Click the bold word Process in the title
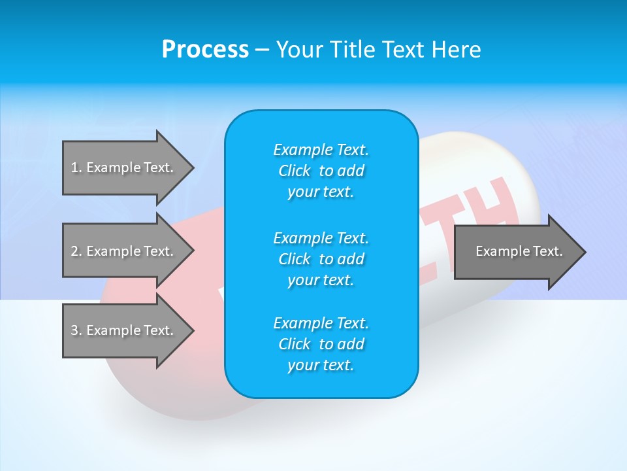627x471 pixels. [205, 49]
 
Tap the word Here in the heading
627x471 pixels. [455, 49]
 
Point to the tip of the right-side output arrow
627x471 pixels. [585, 251]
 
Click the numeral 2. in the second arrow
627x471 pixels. [76, 251]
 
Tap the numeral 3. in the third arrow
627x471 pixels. [76, 330]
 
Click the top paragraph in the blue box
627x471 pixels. [321, 171]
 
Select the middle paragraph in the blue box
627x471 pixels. [321, 259]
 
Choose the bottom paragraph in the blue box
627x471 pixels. [321, 344]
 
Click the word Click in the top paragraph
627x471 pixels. [295, 171]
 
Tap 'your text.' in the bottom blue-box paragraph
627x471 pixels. [321, 365]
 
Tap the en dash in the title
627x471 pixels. [263, 50]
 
